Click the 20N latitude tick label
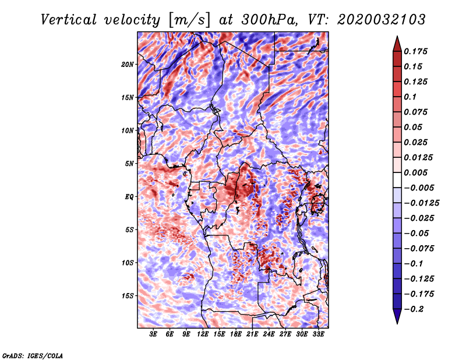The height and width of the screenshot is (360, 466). [x=127, y=65]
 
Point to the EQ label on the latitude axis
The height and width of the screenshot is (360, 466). [x=129, y=197]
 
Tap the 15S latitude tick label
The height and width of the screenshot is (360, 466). [x=127, y=296]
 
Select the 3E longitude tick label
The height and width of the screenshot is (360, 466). [x=153, y=334]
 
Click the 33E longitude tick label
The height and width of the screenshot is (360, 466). [x=318, y=334]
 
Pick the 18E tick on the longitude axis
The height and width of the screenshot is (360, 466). [x=236, y=334]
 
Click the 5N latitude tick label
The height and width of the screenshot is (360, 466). [x=129, y=164]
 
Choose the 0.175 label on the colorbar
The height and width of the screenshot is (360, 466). [x=415, y=51]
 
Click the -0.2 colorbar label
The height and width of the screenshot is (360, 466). [x=414, y=309]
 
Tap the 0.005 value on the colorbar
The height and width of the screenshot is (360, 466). [x=415, y=172]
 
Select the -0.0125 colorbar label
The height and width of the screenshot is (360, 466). [x=421, y=203]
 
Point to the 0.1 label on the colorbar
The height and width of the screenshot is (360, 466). [x=410, y=97]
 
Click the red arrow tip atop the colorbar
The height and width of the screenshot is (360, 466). [x=397, y=37]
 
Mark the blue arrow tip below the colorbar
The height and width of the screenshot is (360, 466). [x=397, y=323]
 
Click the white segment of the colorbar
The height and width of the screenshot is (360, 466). [x=397, y=180]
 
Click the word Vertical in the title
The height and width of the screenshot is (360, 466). [x=69, y=20]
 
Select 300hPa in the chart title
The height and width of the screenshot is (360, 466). [x=269, y=20]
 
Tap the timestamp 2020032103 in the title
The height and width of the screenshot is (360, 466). [x=382, y=20]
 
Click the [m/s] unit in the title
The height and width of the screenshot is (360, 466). [x=189, y=20]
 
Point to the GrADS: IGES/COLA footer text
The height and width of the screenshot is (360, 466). [x=33, y=356]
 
